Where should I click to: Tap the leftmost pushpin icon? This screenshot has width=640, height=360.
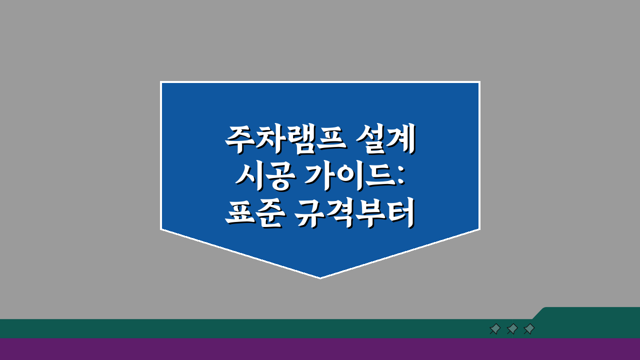495,329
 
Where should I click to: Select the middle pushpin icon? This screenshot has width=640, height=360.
512,329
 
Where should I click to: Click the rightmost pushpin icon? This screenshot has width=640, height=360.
529,329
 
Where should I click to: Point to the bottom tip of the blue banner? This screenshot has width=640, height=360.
320,276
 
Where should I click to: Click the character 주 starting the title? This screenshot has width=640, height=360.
239,139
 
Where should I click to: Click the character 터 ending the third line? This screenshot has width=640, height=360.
400,215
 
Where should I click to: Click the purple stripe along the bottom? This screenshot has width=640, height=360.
320,349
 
